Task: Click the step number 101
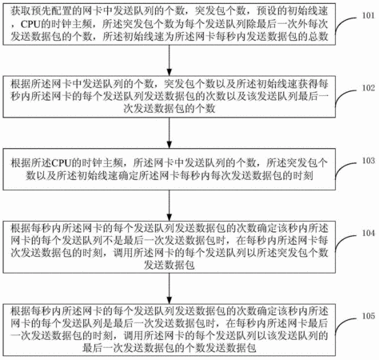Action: click(x=368, y=15)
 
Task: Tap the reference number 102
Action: click(x=368, y=88)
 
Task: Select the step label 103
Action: click(x=368, y=161)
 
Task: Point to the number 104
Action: click(x=368, y=233)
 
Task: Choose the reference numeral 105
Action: click(x=368, y=316)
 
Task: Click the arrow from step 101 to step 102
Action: click(x=169, y=60)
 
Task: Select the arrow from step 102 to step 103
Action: click(x=169, y=133)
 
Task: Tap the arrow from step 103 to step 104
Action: click(x=169, y=206)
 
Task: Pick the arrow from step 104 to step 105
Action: click(x=169, y=288)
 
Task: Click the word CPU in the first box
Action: click(x=30, y=24)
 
